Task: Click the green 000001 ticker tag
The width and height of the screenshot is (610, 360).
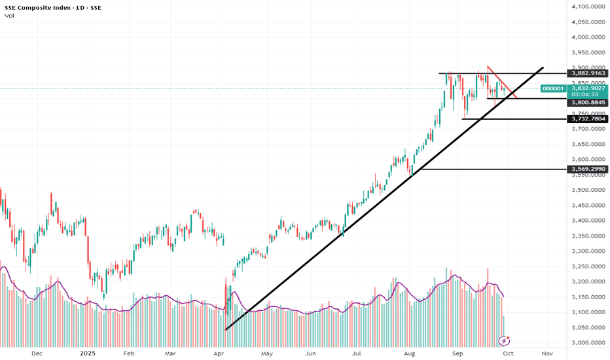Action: [552, 88]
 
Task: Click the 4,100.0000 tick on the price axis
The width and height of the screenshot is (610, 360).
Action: [586, 7]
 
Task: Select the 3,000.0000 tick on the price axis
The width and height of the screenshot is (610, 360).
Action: [586, 342]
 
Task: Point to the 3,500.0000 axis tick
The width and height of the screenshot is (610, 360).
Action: [586, 190]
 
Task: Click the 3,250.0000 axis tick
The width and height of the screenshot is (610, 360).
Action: [586, 266]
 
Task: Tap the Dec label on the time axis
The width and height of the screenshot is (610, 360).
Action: [37, 353]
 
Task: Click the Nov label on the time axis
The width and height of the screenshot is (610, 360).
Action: [547, 353]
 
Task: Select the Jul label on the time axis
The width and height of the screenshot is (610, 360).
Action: [357, 353]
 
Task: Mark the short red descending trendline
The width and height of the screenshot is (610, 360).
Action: [503, 82]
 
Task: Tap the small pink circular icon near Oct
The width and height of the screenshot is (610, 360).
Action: [505, 340]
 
